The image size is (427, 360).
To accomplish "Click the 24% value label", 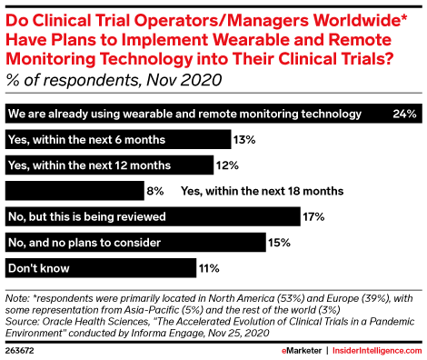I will point(405,114).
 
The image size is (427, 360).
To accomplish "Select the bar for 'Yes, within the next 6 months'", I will point(117,139).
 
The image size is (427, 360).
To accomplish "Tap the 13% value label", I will point(243,140).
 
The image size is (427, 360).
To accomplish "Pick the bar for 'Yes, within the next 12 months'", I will point(110,165).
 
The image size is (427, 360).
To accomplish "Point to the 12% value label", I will point(227,165).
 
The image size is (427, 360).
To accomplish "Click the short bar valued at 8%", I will point(74,191).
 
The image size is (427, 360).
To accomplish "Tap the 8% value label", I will point(155,191).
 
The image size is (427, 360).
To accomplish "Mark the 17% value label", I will point(314,216).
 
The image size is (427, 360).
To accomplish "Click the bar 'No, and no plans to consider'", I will point(135,242).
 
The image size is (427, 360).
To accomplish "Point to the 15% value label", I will point(279,243).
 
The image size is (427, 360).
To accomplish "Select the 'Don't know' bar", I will point(101,268).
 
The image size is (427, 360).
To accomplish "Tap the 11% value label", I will point(209,268).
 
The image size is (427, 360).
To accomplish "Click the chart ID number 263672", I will point(20,348).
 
